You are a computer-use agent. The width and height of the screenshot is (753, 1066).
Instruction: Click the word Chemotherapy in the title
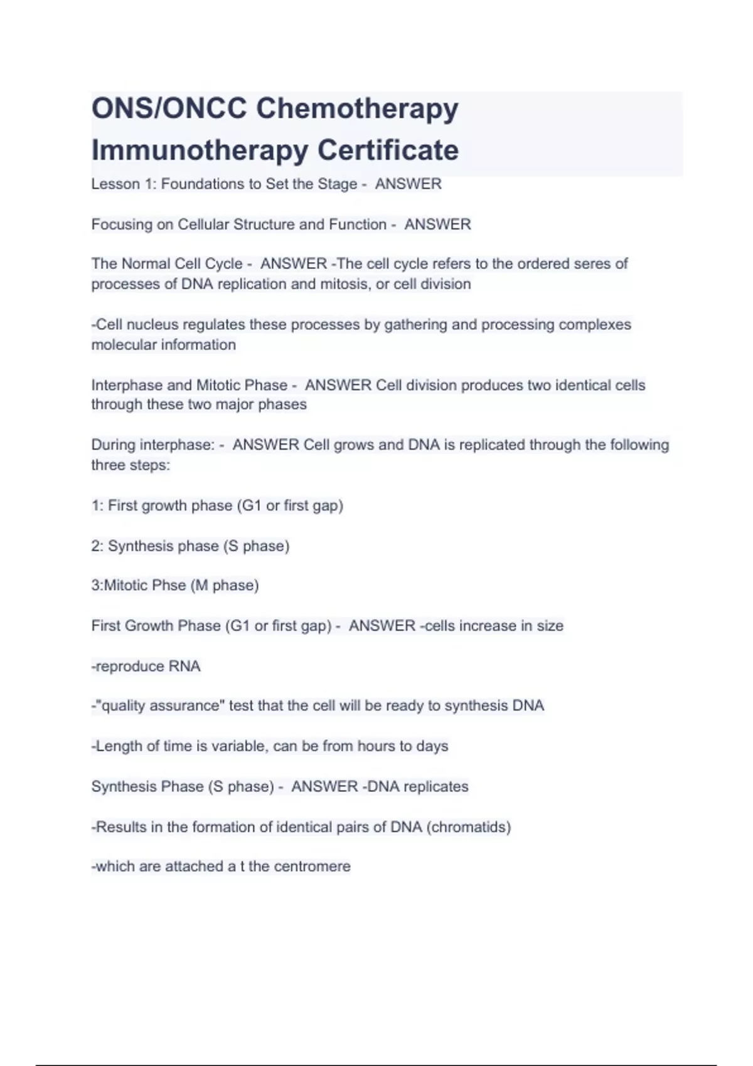[x=357, y=109]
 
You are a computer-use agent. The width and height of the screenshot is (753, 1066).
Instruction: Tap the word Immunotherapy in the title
[x=200, y=150]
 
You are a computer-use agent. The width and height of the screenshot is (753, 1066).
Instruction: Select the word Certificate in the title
[x=388, y=150]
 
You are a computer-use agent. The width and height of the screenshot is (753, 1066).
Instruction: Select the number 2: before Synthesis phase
[x=97, y=546]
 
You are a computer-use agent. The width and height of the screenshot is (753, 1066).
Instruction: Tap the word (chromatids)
[x=469, y=827]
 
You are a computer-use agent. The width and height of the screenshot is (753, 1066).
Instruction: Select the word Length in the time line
[x=117, y=746]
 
